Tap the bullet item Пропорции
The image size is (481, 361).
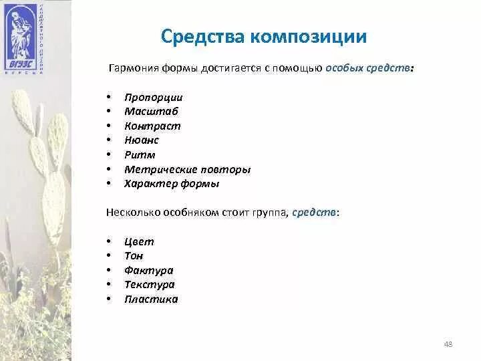[153, 97]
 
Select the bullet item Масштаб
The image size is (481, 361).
[151, 112]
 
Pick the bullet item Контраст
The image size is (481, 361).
[152, 126]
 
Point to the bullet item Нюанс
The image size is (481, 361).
[141, 140]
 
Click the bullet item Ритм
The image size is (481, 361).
[139, 154]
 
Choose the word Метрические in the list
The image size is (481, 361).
[157, 169]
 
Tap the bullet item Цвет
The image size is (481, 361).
[139, 241]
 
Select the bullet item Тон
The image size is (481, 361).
[134, 255]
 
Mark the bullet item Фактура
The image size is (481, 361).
[148, 270]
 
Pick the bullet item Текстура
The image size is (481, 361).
[149, 284]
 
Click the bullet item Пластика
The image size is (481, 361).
[151, 299]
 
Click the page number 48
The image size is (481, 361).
[448, 344]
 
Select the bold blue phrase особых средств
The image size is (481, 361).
[368, 69]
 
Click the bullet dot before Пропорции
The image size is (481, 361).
[109, 98]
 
